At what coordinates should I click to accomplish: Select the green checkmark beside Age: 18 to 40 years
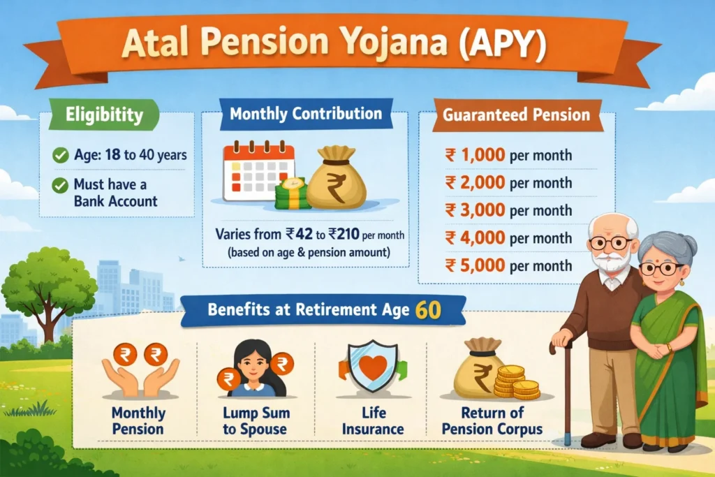tap(60, 155)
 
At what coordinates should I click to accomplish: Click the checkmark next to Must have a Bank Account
tap(60, 185)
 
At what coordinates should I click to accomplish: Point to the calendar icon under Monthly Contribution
tap(258, 172)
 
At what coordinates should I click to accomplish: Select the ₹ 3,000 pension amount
tap(475, 210)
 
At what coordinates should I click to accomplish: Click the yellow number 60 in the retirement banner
tap(428, 311)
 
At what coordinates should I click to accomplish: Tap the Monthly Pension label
tap(138, 421)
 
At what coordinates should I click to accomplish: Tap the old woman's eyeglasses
tap(661, 269)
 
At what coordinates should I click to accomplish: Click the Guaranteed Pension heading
tap(516, 115)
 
